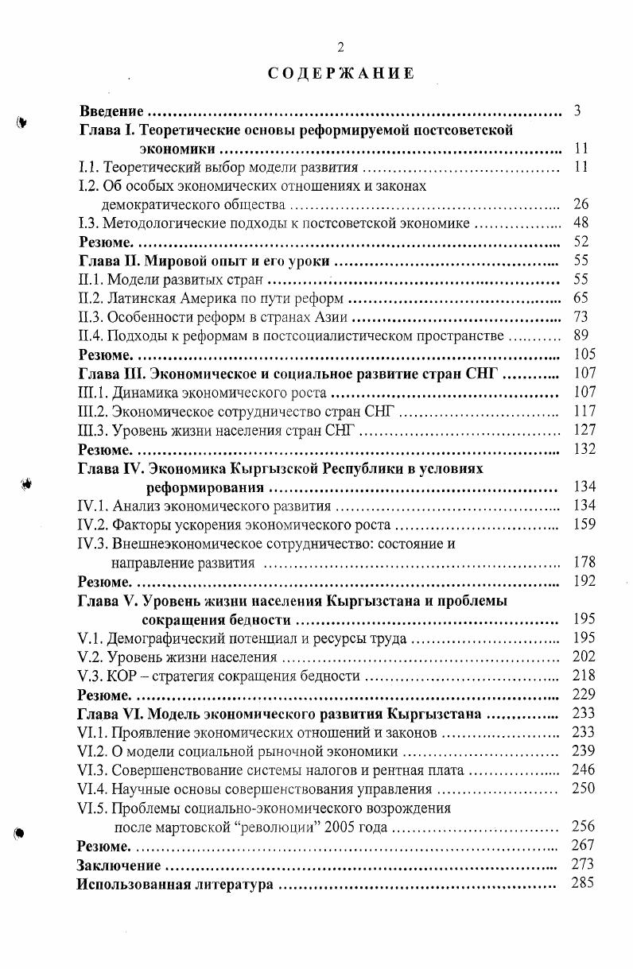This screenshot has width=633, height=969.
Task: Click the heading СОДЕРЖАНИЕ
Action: pyautogui.click(x=340, y=74)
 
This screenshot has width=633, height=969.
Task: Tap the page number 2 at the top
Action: pyautogui.click(x=340, y=47)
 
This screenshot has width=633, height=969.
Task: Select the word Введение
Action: pyautogui.click(x=111, y=110)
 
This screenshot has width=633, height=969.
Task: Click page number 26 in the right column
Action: pyautogui.click(x=581, y=204)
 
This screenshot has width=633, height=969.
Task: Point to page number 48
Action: pyautogui.click(x=581, y=223)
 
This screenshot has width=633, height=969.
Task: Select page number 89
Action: pyautogui.click(x=581, y=336)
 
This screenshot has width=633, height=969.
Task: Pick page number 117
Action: pyautogui.click(x=584, y=412)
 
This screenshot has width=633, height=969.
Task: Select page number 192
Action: pyautogui.click(x=584, y=580)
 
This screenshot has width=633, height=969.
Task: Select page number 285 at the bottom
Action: pyautogui.click(x=584, y=883)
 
